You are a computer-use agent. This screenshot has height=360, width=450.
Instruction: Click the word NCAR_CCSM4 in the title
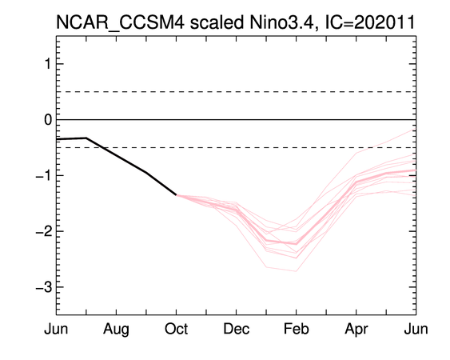click(120, 23)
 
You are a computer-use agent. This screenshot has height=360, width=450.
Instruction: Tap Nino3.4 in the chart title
click(284, 22)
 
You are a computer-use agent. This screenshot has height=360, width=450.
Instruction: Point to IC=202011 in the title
click(369, 22)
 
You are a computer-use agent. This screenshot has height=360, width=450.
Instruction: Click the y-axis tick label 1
click(49, 64)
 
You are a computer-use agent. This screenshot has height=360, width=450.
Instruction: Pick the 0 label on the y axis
click(48, 119)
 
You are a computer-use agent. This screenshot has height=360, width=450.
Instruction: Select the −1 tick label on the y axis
click(44, 175)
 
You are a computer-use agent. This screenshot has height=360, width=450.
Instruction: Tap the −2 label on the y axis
click(44, 231)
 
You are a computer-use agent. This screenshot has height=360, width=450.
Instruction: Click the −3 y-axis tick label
click(44, 287)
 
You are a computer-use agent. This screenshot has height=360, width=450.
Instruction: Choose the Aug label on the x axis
click(116, 330)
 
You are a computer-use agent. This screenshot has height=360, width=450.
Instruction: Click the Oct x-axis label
click(176, 329)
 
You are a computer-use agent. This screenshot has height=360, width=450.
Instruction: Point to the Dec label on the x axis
click(237, 329)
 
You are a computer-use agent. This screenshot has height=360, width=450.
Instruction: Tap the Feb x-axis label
click(297, 329)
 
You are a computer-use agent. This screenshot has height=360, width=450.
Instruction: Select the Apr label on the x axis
click(356, 330)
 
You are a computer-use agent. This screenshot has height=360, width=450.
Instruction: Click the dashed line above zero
click(237, 92)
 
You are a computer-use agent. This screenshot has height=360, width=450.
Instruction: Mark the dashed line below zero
click(237, 147)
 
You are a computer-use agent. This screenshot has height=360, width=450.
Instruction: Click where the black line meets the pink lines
click(176, 194)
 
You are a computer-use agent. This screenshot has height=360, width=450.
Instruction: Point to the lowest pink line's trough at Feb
click(297, 271)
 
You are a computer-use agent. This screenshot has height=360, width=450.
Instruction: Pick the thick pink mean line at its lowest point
click(297, 244)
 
